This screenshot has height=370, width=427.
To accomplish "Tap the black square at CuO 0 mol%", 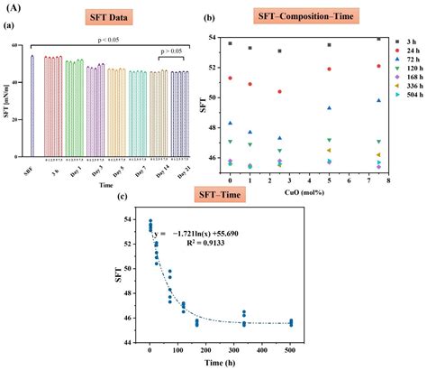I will pyautogui.click(x=231, y=43).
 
